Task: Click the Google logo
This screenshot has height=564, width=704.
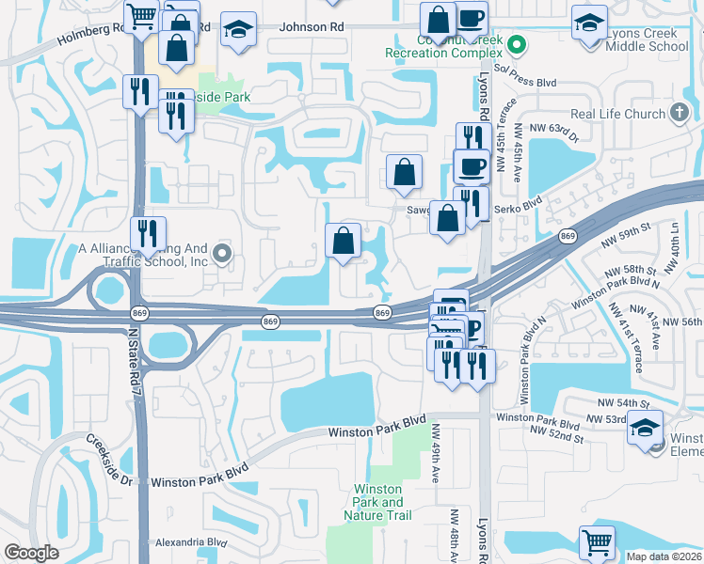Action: click(31, 553)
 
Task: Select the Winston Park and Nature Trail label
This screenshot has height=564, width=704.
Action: click(378, 502)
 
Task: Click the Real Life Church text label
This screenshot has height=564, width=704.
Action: click(618, 115)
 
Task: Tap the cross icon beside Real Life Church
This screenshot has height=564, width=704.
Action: click(680, 114)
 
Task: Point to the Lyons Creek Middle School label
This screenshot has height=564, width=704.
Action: click(649, 39)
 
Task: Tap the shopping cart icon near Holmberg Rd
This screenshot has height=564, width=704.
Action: click(141, 14)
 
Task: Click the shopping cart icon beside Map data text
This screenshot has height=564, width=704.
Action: click(597, 542)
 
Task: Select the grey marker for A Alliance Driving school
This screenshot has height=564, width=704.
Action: click(222, 252)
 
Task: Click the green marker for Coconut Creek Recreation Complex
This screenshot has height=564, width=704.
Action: click(516, 43)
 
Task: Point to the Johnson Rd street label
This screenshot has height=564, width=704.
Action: click(311, 28)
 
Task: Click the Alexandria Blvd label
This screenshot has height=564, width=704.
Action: click(191, 542)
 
